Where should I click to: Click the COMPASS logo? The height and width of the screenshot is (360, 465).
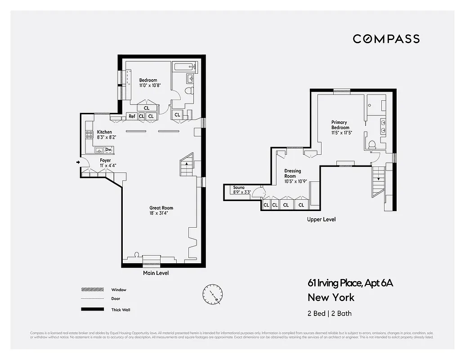tap(386, 39)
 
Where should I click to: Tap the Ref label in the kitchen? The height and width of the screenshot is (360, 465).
tap(132, 116)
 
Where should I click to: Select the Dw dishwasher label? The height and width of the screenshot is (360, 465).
tap(108, 150)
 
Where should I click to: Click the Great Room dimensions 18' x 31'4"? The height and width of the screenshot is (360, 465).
tap(161, 213)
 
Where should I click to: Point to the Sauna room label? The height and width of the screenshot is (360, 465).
tap(239, 187)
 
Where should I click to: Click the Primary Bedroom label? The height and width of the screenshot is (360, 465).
tap(340, 125)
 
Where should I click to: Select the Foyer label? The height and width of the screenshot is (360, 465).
tap(105, 160)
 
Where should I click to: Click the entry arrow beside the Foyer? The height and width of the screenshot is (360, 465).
tap(78, 162)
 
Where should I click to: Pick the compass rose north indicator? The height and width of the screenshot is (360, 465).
tap(212, 294)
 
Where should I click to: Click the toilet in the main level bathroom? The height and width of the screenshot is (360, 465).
tap(189, 91)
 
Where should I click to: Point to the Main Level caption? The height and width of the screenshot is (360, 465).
tap(156, 273)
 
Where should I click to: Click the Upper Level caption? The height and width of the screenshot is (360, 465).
tap(321, 220)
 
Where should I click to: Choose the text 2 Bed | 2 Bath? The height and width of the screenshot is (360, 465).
tap(330, 313)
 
